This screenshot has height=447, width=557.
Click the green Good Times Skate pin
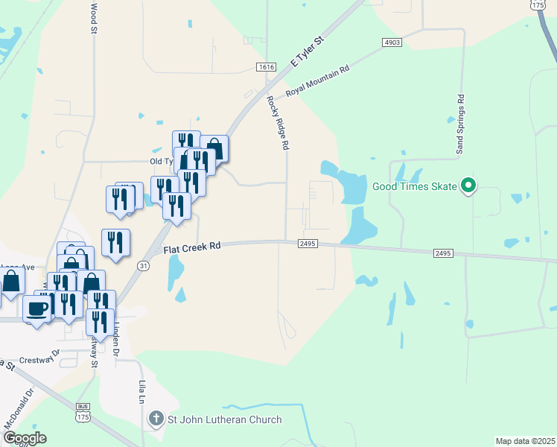(468, 186)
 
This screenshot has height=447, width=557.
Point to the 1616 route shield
(266, 67)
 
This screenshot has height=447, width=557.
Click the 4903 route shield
(392, 42)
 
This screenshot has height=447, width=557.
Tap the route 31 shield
(144, 264)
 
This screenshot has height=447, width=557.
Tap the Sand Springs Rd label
(460, 125)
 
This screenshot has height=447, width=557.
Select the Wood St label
(93, 19)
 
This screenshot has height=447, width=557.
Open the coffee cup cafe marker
(36, 308)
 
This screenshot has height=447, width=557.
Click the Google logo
(24, 438)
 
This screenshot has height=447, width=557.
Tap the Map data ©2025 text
(524, 441)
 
